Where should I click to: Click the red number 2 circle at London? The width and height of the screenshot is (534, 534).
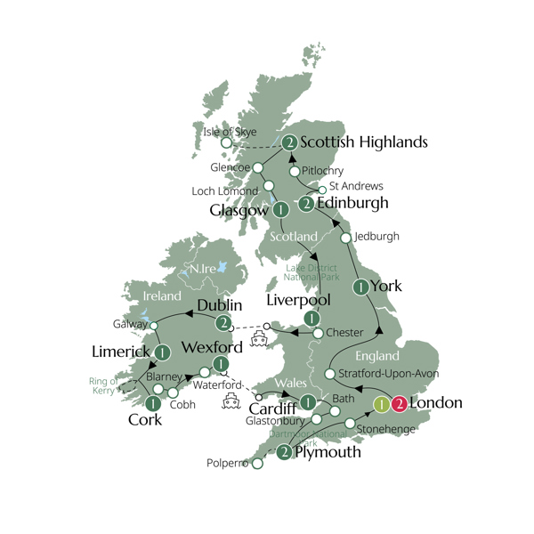(400, 404)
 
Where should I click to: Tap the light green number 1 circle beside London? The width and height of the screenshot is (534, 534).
(380, 404)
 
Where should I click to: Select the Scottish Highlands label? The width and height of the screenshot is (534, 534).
(364, 142)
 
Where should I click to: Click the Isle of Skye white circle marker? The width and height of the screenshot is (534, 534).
(227, 142)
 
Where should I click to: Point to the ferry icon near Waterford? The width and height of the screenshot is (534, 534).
(230, 400)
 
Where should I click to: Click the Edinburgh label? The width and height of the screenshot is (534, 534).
(354, 204)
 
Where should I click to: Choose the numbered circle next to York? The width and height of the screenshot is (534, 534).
(360, 287)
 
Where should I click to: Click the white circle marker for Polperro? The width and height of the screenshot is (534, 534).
(257, 464)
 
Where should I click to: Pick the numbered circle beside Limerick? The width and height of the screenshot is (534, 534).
(162, 353)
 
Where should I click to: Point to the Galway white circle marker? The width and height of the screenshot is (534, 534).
(154, 326)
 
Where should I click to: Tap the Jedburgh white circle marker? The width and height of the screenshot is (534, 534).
(346, 238)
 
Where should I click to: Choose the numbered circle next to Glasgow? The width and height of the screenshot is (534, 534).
(281, 211)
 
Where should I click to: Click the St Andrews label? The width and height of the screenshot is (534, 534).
(356, 187)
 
